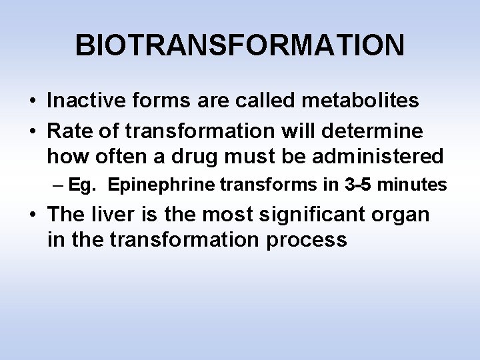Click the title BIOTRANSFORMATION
click(239, 45)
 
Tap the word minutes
click(412, 185)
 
